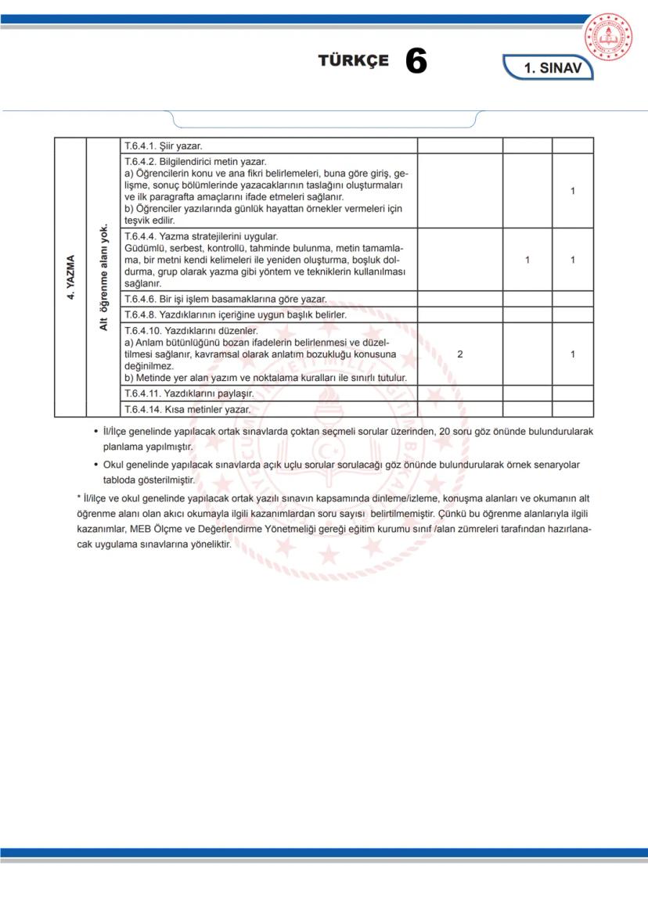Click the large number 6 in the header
(416, 62)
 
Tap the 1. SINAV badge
(552, 68)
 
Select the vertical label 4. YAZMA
(70, 277)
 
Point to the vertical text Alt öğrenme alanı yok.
(103, 277)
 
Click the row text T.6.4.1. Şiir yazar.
(164, 145)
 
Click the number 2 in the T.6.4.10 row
(459, 354)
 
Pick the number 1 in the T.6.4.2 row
(573, 191)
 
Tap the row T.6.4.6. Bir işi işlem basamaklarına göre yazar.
(225, 299)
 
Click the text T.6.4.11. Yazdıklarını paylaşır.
(189, 393)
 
